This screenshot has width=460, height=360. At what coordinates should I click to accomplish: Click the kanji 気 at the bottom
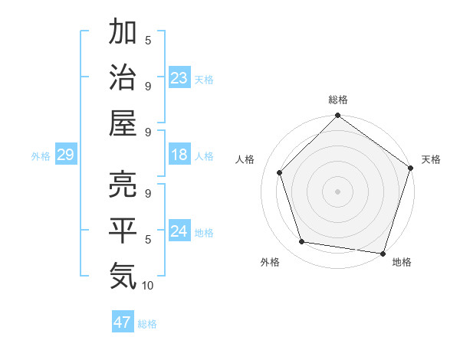coord(123,274)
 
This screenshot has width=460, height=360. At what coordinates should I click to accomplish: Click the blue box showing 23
coord(179,78)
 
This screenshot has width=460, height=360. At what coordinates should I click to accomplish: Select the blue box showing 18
coord(179,155)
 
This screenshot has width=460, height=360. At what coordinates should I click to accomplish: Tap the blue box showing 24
coord(179,231)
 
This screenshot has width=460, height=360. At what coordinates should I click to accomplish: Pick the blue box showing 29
coord(65,155)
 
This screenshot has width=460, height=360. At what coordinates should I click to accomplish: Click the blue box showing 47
coord(123,322)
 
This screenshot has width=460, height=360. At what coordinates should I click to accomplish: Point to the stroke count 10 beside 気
coord(148,285)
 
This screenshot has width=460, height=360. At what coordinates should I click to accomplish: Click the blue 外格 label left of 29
coord(41,156)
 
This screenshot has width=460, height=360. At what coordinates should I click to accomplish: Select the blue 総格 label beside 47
coord(147,324)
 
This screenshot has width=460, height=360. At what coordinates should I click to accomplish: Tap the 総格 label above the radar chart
coord(337,100)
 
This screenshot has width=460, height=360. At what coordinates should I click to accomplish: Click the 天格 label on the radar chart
coord(431,159)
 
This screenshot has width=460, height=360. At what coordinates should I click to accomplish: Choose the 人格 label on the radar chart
coord(245,159)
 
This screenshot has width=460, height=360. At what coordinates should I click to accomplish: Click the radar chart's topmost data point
coord(337,116)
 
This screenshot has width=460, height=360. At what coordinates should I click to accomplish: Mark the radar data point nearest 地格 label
coord(383,253)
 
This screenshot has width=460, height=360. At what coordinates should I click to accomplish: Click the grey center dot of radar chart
coord(337,191)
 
